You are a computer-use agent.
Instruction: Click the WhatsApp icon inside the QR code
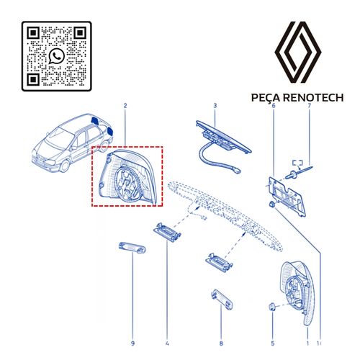[x=57, y=56]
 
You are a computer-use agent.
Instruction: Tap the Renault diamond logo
[x=298, y=52]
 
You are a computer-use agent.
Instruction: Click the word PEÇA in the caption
[x=266, y=98]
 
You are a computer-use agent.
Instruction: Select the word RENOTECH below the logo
[x=313, y=98]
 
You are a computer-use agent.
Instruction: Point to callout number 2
[x=125, y=106]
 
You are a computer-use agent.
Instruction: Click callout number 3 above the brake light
[x=215, y=106]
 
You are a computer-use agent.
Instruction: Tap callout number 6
[x=274, y=106]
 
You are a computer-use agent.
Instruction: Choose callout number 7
[x=309, y=106]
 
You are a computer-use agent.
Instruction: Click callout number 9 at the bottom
[x=132, y=343]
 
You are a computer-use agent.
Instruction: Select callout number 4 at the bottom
[x=167, y=343]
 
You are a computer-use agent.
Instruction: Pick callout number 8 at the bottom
[x=221, y=343]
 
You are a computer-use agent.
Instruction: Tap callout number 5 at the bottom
[x=273, y=343]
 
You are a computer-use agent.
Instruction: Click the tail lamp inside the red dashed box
[x=128, y=177]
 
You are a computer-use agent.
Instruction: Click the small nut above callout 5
[x=272, y=307]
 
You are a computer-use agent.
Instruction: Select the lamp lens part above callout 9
[x=132, y=248]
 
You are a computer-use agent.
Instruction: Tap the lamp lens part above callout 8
[x=222, y=300]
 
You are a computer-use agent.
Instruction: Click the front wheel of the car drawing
[x=64, y=166]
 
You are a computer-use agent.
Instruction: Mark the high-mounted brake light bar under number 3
[x=224, y=136]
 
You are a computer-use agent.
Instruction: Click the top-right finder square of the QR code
[x=80, y=33]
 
